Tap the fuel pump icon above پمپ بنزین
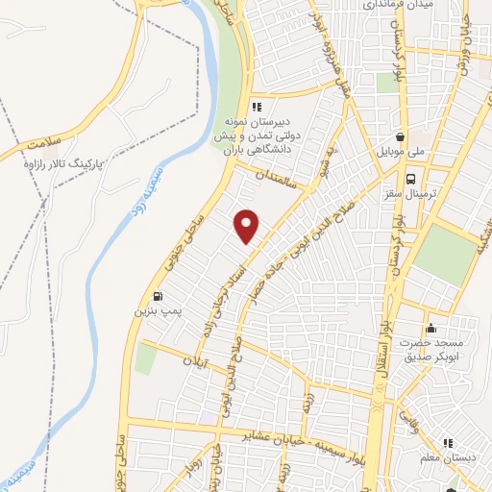[x=157, y=296]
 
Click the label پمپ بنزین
[x=157, y=312]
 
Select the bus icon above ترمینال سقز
[x=410, y=179]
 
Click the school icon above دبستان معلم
[x=452, y=470]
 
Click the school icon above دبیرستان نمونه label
[x=256, y=107]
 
